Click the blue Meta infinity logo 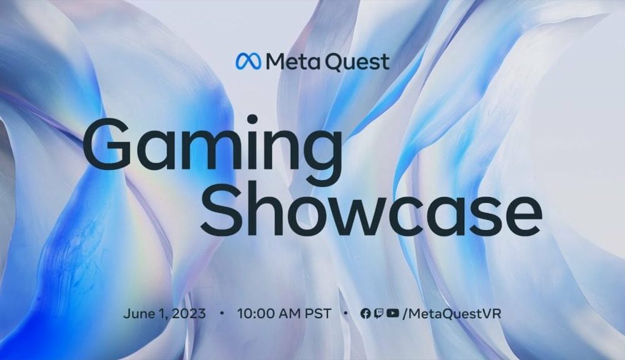[x=248, y=61]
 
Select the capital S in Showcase [x=219, y=211]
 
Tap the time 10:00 [x=256, y=313]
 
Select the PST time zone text [x=318, y=313]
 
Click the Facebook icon [x=366, y=313]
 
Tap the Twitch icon [x=379, y=313]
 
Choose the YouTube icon [x=392, y=313]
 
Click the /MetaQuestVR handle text [x=452, y=313]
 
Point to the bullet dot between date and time [x=222, y=313]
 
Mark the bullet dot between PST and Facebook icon [x=346, y=313]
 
